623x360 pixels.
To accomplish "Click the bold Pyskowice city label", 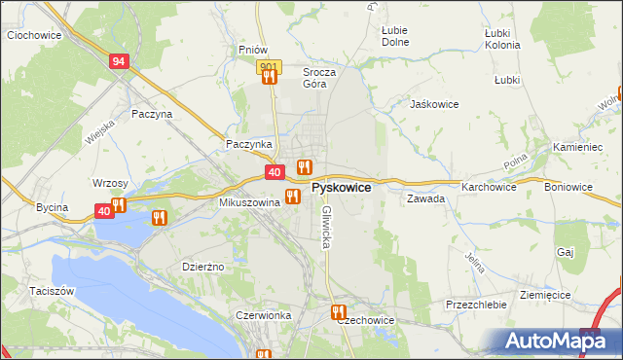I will [340, 187].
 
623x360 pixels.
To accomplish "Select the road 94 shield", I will [119, 61].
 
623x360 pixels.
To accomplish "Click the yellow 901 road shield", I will [270, 66].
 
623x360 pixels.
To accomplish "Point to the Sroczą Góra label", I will [319, 77].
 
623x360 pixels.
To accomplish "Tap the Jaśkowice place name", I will [434, 104].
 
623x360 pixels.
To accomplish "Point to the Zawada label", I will [426, 198].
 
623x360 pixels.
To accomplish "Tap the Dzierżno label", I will [204, 266].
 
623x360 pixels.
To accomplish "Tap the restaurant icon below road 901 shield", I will [269, 78].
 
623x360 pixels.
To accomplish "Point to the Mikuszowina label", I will [250, 202].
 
